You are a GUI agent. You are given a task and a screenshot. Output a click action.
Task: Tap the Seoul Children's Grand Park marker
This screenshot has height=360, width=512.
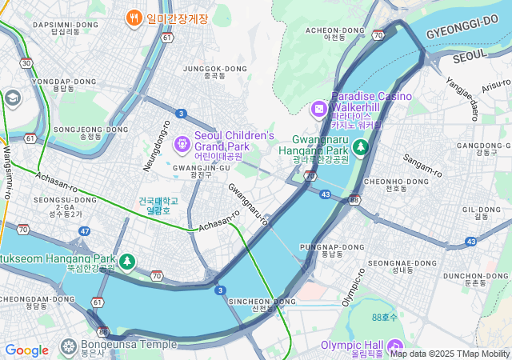tap(182, 143)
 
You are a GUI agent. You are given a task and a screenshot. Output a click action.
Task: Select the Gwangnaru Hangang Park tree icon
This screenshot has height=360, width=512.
tap(361, 148)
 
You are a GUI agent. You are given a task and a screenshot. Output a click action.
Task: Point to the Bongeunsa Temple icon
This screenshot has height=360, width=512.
tap(69, 346)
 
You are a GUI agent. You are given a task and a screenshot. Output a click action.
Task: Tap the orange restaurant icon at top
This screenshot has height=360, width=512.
tap(134, 18)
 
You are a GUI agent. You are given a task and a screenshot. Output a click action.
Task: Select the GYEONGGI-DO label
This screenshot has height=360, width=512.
tap(463, 34)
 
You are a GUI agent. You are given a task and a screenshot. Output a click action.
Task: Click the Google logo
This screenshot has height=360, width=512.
tap(26, 350)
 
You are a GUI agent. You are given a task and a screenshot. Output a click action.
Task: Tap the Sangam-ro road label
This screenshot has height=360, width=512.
tap(422, 167)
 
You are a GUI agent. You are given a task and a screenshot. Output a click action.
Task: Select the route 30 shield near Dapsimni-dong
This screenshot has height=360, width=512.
tap(27, 62)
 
